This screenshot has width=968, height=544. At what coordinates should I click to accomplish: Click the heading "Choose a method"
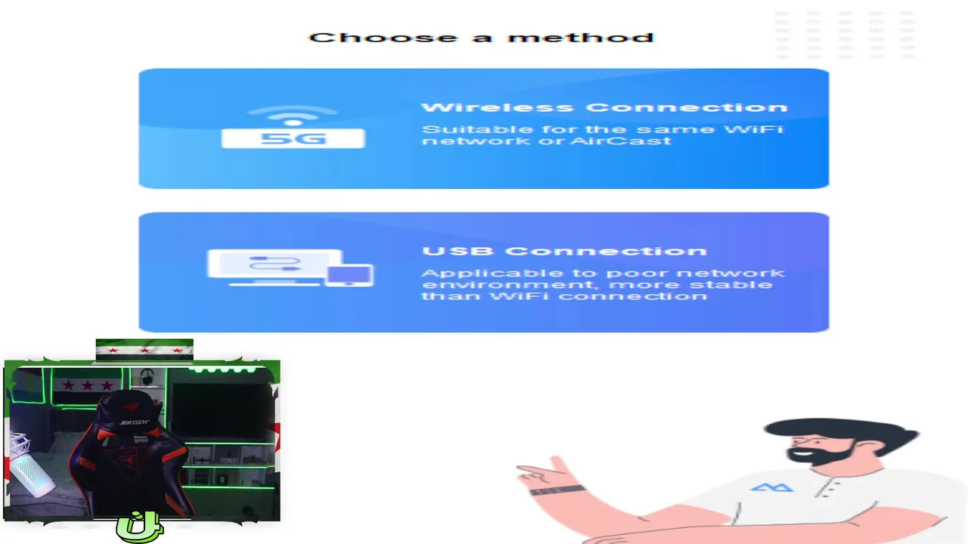[482, 38]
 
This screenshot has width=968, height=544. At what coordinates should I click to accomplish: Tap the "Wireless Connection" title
[604, 107]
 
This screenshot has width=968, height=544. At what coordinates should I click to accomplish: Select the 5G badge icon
[293, 138]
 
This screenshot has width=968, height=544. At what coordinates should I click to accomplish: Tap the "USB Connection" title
[564, 251]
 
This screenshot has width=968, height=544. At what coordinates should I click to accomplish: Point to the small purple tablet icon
[349, 275]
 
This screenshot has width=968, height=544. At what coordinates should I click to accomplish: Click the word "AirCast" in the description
[621, 141]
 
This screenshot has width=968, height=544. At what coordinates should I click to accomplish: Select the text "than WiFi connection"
[564, 296]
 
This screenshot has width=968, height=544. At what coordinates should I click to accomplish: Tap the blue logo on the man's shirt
[772, 488]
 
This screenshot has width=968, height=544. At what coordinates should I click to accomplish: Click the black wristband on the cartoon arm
[557, 490]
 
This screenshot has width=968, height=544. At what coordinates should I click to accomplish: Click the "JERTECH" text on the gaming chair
[135, 422]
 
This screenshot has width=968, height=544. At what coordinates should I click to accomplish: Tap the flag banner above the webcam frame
[144, 350]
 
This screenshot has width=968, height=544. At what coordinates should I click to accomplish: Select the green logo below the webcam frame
[139, 527]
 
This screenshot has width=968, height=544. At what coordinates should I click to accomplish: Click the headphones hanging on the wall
[147, 376]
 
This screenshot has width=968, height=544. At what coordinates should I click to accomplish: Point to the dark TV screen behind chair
[222, 410]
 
